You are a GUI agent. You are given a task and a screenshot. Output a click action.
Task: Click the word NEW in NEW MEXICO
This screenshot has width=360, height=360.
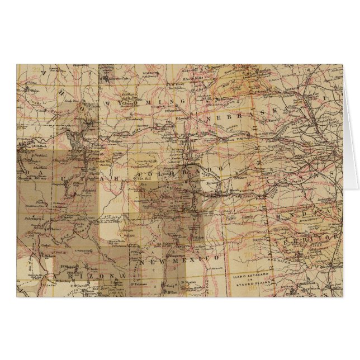tap(151, 262)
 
